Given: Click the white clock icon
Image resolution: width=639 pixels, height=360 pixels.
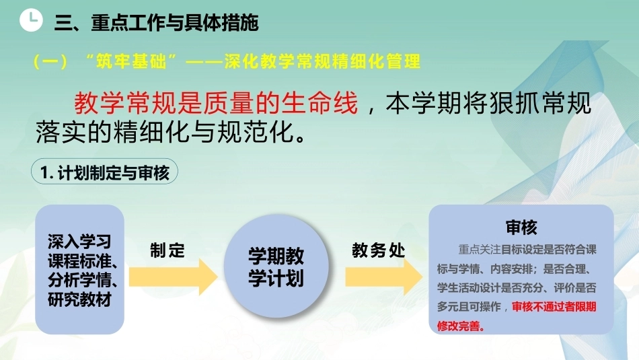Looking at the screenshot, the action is click(x=31, y=20).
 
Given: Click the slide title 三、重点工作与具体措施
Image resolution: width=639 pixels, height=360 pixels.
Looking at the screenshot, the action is click(x=156, y=22).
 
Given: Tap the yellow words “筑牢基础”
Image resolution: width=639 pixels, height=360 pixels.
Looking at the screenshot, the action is click(x=131, y=61).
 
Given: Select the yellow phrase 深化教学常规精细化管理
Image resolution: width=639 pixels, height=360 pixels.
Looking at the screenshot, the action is click(x=322, y=61).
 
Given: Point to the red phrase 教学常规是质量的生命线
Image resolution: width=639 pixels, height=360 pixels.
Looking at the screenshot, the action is click(x=216, y=103).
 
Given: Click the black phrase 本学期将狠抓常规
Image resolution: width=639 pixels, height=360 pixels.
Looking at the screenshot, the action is click(x=488, y=103).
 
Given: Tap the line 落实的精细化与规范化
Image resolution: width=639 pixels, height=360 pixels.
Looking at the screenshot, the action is click(x=171, y=131).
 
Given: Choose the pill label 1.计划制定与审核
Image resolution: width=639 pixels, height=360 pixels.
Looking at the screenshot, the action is click(x=104, y=172).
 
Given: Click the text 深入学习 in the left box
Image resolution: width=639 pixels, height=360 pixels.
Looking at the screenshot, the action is click(x=79, y=242).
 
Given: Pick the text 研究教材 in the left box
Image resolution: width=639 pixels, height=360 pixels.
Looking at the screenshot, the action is click(x=79, y=299).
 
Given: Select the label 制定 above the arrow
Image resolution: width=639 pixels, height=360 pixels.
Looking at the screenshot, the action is click(x=167, y=250).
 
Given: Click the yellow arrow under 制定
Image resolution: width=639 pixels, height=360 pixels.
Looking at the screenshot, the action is click(x=173, y=277).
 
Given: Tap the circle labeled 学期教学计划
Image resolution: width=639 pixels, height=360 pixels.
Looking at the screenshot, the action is click(x=276, y=266).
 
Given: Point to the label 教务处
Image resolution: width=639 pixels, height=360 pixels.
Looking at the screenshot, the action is click(x=378, y=250).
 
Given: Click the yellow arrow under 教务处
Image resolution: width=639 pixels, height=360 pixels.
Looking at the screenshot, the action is click(x=383, y=277).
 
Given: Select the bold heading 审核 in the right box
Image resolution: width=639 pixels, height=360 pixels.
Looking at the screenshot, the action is click(x=521, y=227).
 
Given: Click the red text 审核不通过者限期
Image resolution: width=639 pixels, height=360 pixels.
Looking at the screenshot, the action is click(x=554, y=307).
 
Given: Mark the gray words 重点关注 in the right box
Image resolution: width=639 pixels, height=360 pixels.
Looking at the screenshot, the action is click(x=479, y=249).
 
